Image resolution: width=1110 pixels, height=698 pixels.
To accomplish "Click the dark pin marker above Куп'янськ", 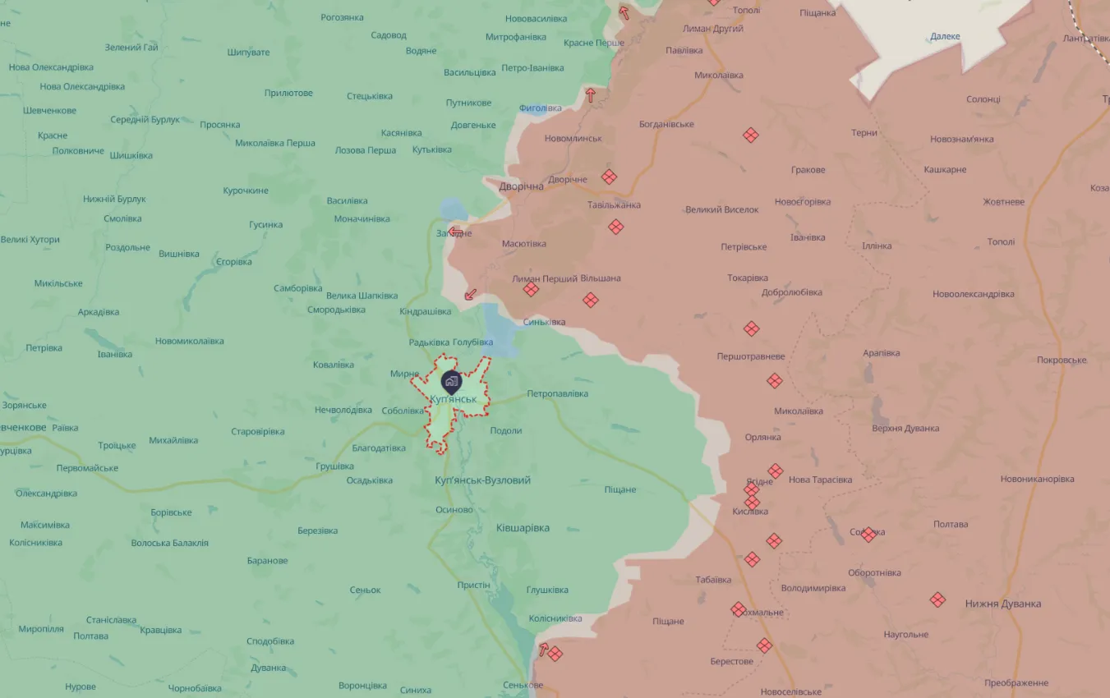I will pos(451,381).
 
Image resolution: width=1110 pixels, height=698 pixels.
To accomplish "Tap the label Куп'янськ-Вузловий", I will pos(482,480).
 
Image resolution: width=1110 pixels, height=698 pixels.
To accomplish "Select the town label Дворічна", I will pos(521,186).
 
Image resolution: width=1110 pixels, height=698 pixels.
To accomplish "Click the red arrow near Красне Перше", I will pos(624,12).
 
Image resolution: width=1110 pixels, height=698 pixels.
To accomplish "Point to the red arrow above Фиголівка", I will pos(590,94).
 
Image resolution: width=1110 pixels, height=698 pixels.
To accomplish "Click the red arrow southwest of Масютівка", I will pos(470,294).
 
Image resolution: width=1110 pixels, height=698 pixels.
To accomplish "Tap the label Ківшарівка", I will pos(523,528).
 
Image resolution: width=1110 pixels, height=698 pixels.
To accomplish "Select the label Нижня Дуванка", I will pos(1002,604).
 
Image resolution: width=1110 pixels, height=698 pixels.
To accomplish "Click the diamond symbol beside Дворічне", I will pos(609,177).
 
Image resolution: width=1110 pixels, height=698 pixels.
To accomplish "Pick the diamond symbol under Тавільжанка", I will pos(616,227).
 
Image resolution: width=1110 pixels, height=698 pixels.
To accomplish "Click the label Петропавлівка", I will pos(558,393).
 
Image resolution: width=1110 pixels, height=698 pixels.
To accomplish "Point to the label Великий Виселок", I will pos(721,209).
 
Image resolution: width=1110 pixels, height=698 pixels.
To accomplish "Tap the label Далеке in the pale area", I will pos(945,36).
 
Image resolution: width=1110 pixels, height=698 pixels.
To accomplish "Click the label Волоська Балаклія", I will pos(169,543).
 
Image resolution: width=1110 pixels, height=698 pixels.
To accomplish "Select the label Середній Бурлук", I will pos(145,120).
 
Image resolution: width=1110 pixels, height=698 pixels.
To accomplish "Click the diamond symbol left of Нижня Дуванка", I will pos(937,599).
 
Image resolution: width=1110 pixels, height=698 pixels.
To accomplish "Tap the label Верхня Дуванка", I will pos(905,428).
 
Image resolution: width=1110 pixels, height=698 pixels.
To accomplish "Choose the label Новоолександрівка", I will pos(973,294).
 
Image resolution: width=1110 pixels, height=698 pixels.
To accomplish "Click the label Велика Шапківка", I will pos(362,296).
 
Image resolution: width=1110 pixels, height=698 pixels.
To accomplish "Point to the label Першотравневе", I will pos(750,356).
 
